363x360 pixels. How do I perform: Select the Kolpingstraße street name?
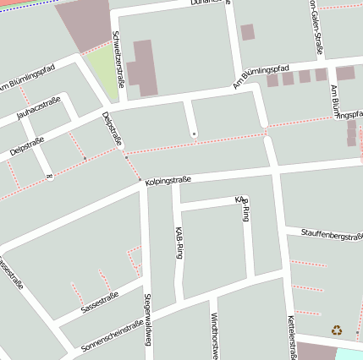coord(168,180)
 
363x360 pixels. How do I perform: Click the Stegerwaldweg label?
coord(147,319)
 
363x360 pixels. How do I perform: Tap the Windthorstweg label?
coord(214,335)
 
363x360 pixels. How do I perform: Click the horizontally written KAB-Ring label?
coord(242,200)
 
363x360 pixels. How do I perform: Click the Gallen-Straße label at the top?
coord(316,27)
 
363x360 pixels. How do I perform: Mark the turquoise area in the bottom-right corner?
coord(350,353)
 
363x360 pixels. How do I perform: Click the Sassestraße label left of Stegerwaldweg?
coord(100,302)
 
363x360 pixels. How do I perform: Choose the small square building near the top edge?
coord(247,32)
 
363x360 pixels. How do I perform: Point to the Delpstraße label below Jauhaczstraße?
coord(26,149)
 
